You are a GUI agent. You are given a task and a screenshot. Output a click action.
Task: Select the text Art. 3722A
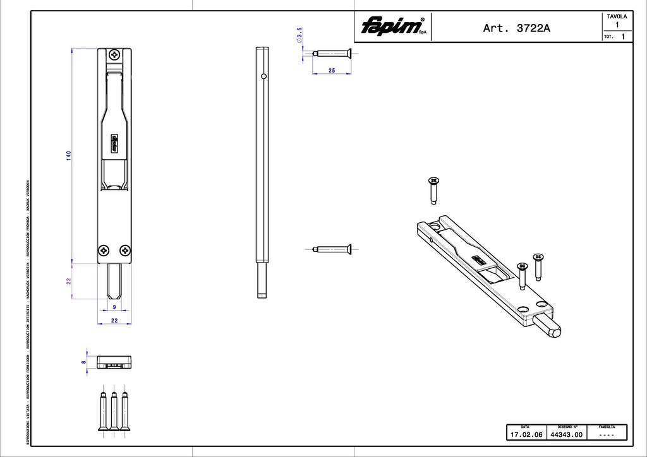pyautogui.click(x=516, y=28)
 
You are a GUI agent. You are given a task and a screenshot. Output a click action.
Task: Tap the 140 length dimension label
pyautogui.click(x=68, y=155)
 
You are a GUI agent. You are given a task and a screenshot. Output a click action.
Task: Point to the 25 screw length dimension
pyautogui.click(x=332, y=71)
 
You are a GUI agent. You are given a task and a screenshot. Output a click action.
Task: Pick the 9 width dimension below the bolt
pyautogui.click(x=114, y=307)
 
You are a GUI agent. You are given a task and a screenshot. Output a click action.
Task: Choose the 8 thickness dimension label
pyautogui.click(x=83, y=362)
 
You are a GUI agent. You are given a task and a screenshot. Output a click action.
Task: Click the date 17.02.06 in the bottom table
pyautogui.click(x=526, y=435)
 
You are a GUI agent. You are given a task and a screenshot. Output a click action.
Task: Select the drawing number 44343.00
pyautogui.click(x=566, y=435)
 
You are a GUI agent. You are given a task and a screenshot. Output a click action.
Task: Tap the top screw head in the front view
pyautogui.click(x=114, y=55)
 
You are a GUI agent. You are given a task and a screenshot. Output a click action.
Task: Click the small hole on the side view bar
pyautogui.click(x=263, y=77)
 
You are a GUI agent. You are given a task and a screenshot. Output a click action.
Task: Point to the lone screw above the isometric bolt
pyautogui.click(x=433, y=190)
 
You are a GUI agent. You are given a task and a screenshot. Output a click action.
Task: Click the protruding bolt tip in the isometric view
pyautogui.click(x=551, y=328)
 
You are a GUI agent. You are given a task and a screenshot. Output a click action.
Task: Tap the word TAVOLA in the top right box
pyautogui.click(x=617, y=16)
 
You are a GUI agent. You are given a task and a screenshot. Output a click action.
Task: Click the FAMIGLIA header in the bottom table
pyautogui.click(x=607, y=427)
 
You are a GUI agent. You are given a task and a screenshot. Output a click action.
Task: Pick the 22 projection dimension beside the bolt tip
pyautogui.click(x=68, y=280)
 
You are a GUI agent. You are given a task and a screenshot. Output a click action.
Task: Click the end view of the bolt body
pyautogui.click(x=114, y=362)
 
